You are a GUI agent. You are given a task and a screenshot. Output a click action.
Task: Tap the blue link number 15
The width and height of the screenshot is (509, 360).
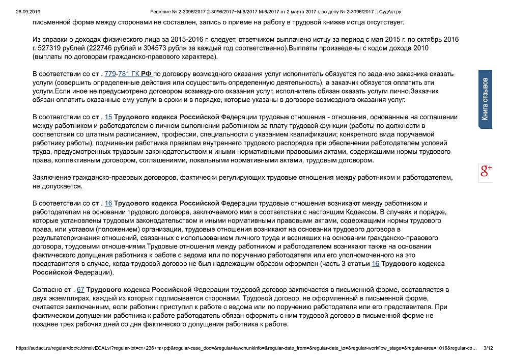pyautogui.click(x=108, y=117)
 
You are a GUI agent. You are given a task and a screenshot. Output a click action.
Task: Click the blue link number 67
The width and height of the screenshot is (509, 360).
pyautogui.click(x=80, y=289)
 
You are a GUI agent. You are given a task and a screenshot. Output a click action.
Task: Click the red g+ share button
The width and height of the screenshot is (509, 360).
pyautogui.click(x=486, y=172)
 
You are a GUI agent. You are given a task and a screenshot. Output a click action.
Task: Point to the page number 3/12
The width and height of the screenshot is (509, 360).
pyautogui.click(x=488, y=348)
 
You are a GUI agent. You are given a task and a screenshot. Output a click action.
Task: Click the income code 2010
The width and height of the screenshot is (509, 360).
pyautogui.click(x=420, y=48)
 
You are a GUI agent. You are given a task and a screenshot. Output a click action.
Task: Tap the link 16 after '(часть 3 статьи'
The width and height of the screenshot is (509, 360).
pyautogui.click(x=376, y=264)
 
